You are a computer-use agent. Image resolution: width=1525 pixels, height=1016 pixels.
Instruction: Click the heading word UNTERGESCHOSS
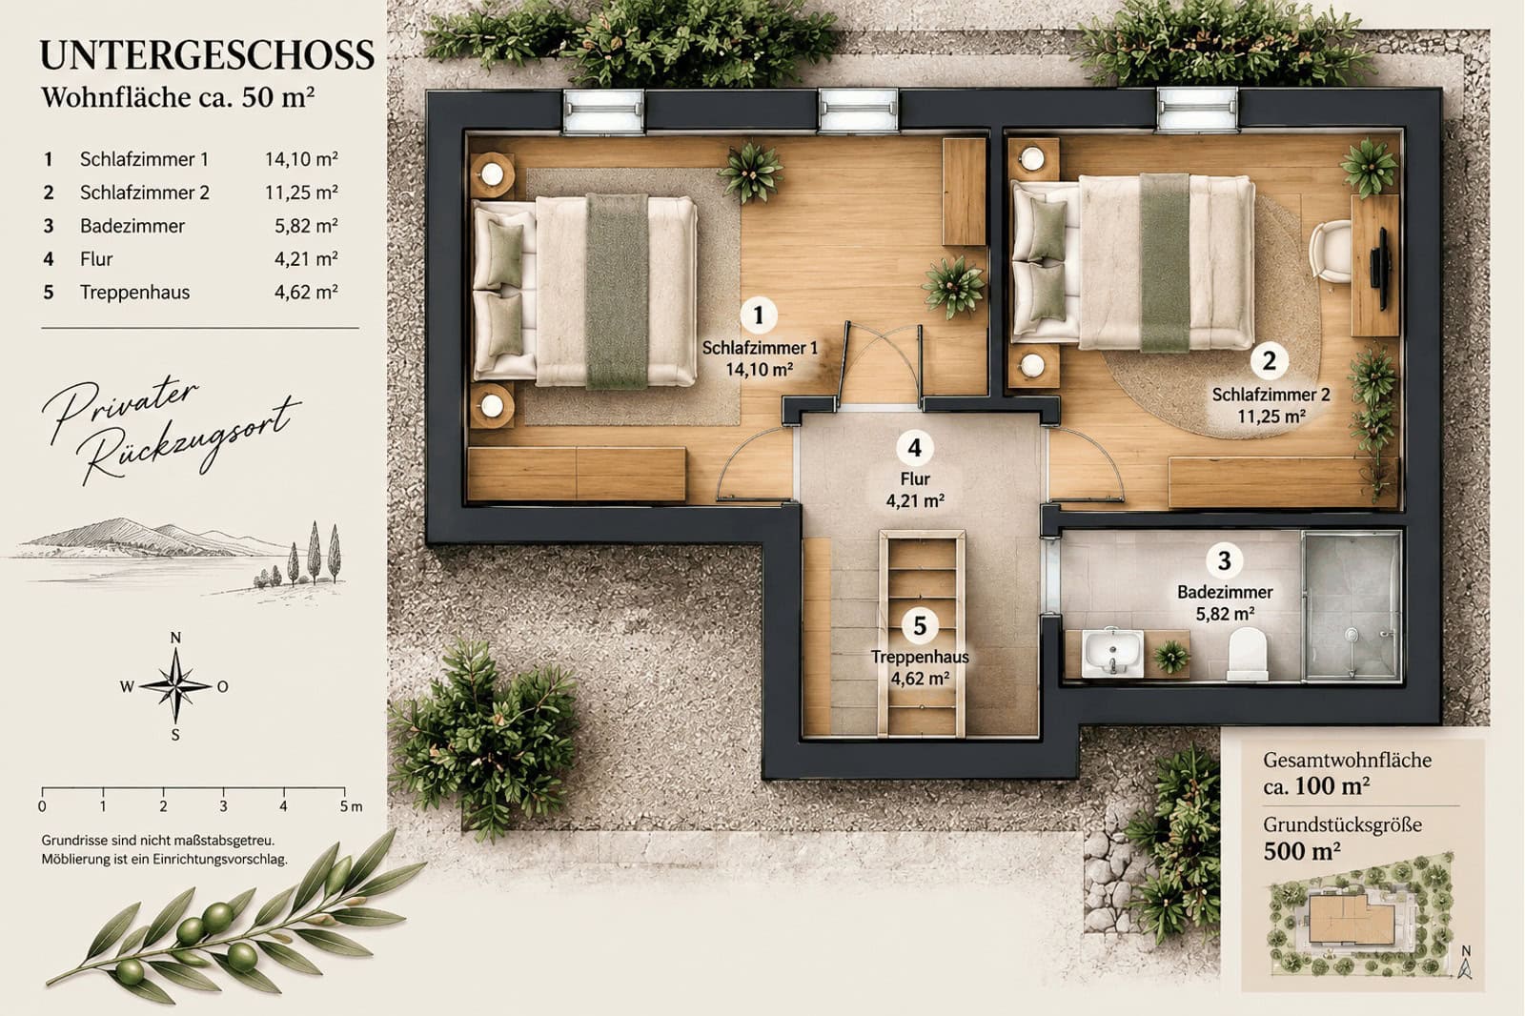(x=207, y=55)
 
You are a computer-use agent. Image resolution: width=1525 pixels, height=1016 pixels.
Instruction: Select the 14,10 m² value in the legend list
(x=301, y=159)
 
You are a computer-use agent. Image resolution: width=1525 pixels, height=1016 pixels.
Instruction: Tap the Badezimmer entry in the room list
(x=132, y=226)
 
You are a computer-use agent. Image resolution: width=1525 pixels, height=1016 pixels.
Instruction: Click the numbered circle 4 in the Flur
(x=914, y=447)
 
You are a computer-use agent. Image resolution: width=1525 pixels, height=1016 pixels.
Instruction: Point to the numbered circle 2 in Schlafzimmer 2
(x=1269, y=360)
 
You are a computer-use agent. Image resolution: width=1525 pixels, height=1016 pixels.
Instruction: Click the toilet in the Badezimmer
(x=1248, y=653)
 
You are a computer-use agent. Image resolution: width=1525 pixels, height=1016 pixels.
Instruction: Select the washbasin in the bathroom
(x=1113, y=653)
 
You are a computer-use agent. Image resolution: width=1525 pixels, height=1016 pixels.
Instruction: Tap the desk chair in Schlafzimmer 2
(x=1331, y=252)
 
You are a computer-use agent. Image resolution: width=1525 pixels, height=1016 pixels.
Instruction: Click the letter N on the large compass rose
(x=175, y=638)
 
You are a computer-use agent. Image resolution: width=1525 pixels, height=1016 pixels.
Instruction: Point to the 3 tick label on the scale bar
(x=223, y=807)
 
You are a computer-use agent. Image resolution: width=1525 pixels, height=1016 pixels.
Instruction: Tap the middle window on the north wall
(x=858, y=110)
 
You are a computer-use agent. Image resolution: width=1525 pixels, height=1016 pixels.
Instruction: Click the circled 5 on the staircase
(x=920, y=626)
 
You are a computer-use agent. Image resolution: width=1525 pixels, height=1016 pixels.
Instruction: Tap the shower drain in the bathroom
(x=1351, y=634)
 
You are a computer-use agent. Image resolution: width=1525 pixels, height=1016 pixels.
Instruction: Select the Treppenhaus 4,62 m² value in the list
(x=306, y=293)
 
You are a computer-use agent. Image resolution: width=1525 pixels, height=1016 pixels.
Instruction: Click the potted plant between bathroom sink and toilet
(x=1170, y=657)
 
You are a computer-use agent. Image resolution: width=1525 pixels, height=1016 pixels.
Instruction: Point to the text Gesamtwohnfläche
(x=1348, y=760)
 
